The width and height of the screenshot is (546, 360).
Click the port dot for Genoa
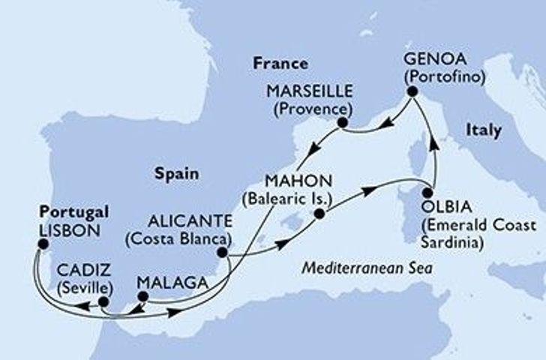(411, 91)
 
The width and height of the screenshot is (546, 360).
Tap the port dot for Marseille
(342, 122)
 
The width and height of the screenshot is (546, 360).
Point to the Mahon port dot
(319, 214)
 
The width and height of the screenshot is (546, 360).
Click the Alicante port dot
(222, 253)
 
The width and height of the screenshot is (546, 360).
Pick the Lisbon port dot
(43, 244)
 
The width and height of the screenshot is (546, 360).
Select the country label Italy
(483, 130)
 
